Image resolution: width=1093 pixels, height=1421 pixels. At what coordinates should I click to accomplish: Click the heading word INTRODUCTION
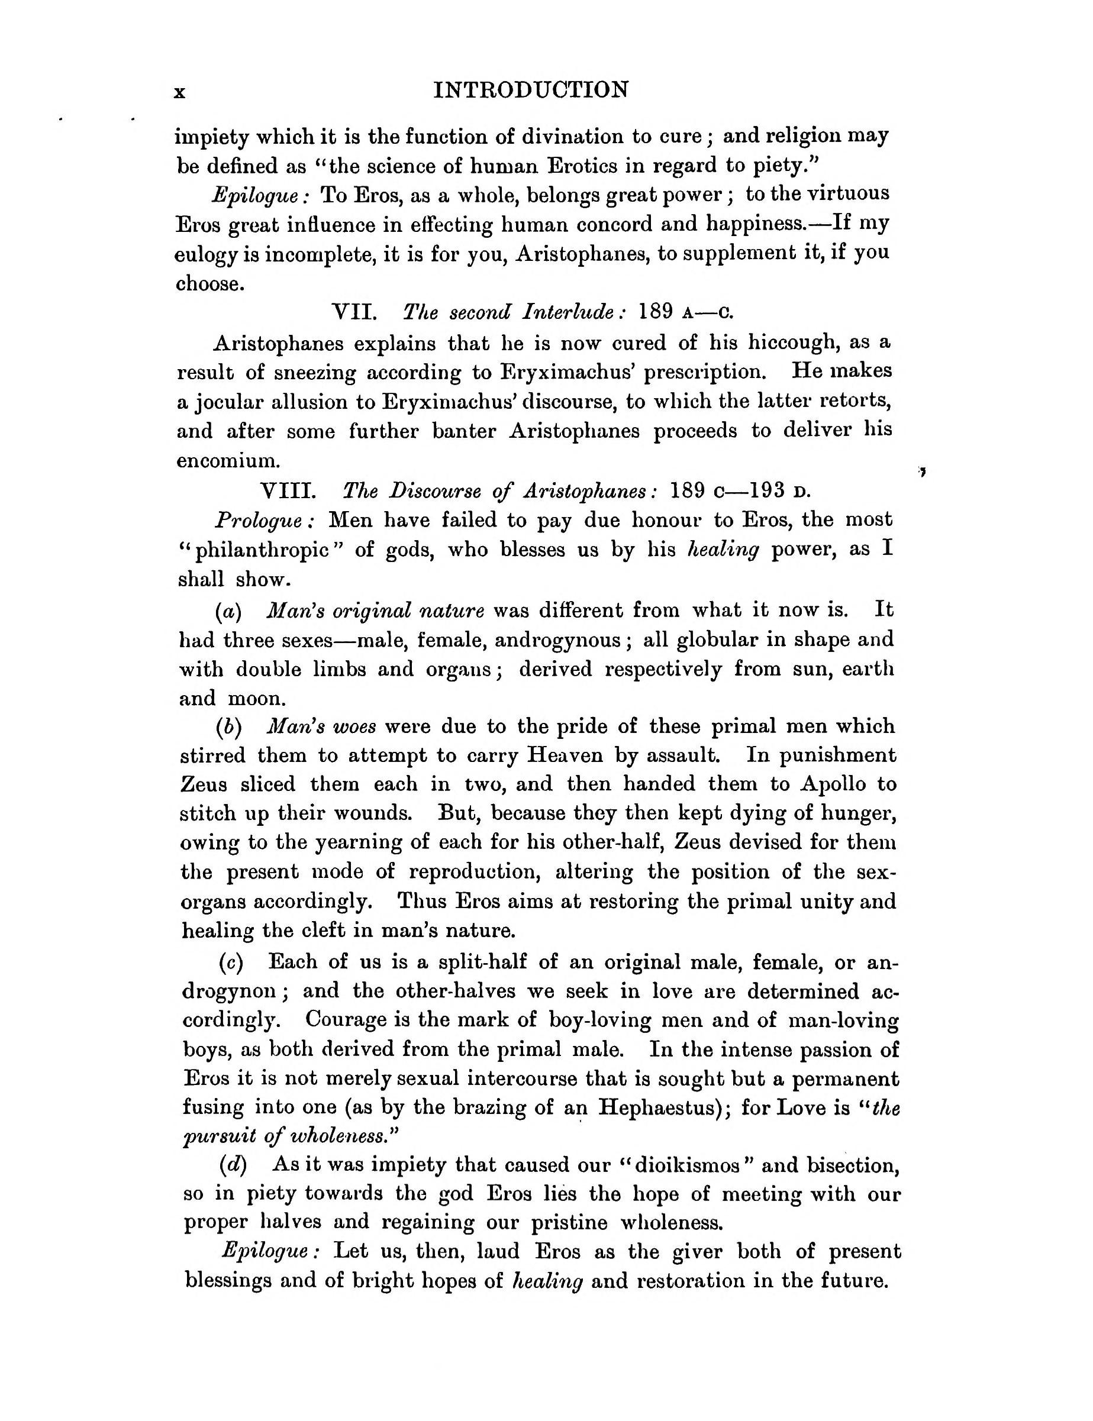531,90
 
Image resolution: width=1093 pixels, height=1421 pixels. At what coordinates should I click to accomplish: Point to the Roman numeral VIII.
288,490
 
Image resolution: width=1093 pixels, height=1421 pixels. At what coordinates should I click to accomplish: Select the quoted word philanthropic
262,550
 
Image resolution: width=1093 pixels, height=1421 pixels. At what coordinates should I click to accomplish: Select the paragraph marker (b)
228,726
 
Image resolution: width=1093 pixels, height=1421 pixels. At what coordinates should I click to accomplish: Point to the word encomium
228,460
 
